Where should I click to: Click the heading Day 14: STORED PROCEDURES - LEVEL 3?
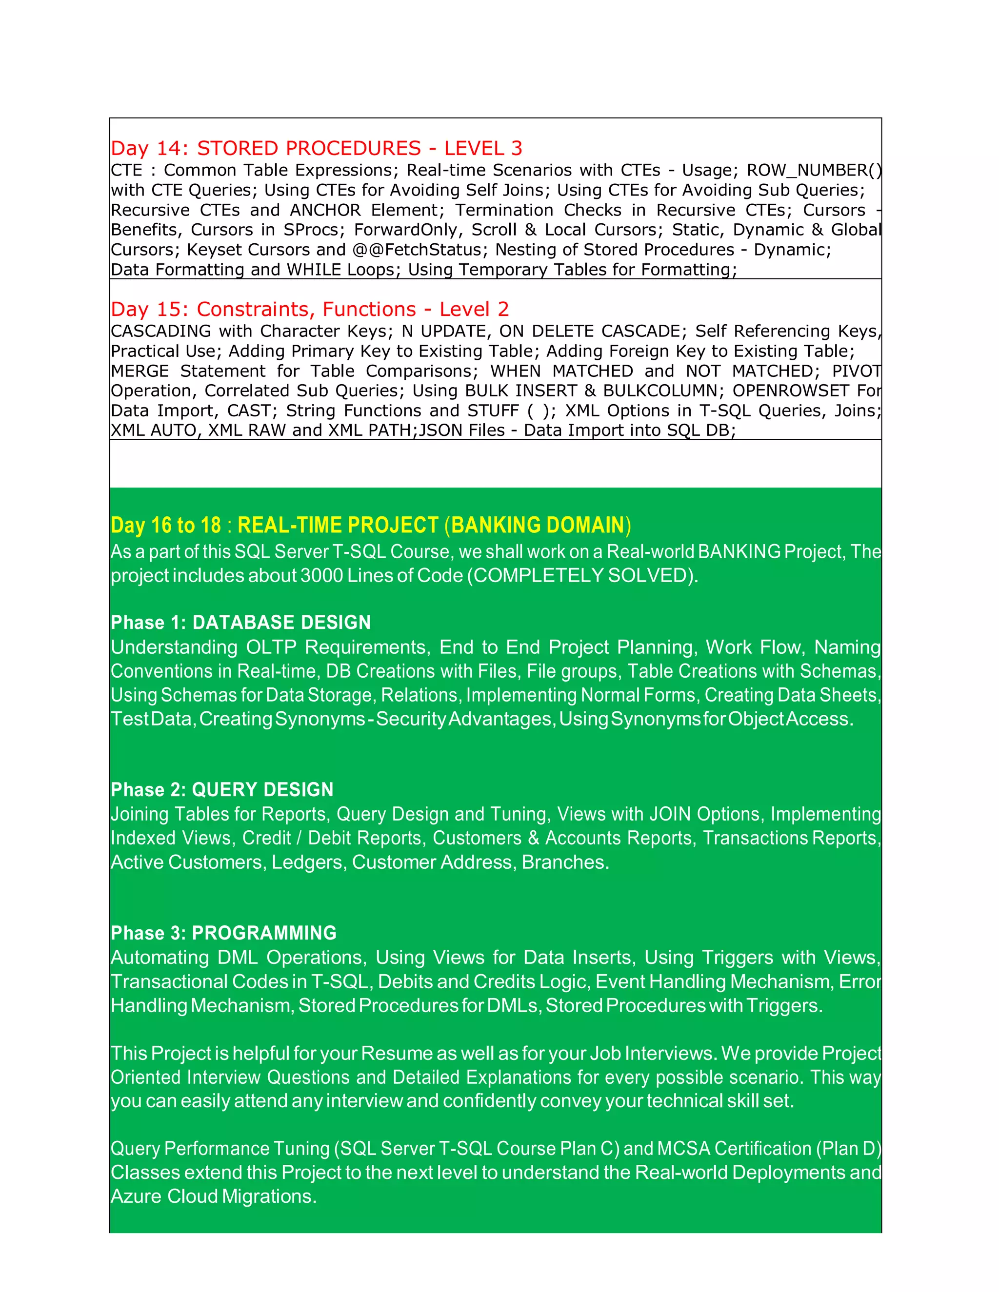point(317,148)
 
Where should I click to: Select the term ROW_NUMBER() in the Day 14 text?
point(814,170)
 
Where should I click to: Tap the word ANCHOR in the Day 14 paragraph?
point(325,210)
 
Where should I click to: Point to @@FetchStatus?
point(417,250)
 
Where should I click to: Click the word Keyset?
point(216,250)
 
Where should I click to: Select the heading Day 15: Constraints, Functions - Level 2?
point(310,309)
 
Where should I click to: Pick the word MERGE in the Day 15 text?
point(140,371)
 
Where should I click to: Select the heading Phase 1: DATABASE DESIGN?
point(240,622)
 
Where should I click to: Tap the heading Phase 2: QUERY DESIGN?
point(222,789)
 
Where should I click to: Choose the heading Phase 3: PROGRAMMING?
point(223,933)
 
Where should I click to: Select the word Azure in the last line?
point(136,1196)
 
